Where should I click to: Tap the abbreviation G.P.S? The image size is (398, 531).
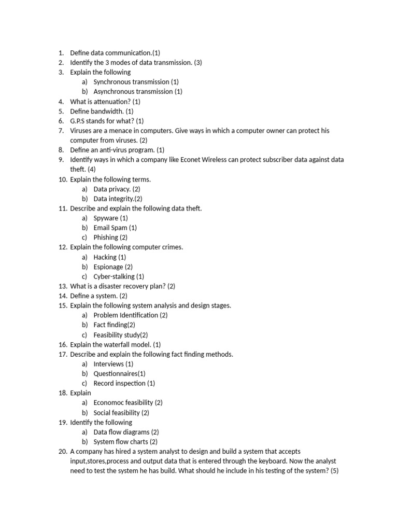(79, 121)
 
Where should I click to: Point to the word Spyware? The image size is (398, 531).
(106, 218)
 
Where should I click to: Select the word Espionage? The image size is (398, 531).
(108, 267)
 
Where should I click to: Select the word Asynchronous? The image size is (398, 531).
(115, 92)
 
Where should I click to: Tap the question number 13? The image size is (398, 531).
(62, 286)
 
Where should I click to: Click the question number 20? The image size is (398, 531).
(62, 452)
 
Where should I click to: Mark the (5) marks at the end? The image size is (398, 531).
(334, 471)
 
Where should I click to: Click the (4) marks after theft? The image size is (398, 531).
(91, 170)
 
